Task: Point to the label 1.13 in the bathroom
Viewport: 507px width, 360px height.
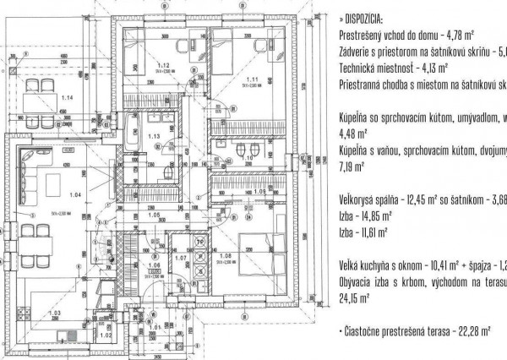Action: (154, 136)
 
